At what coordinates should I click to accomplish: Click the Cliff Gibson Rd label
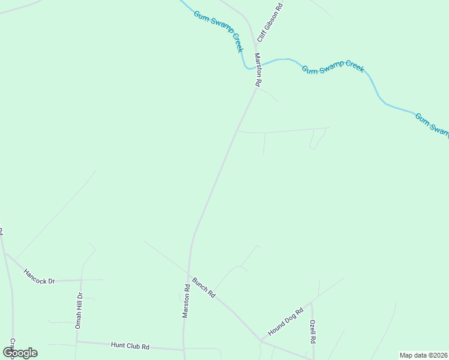270,22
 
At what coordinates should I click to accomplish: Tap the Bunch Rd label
204,287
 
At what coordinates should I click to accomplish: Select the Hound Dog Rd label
286,320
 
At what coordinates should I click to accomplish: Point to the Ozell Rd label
313,331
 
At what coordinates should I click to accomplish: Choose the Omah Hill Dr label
78,311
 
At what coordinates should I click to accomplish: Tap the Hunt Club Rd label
130,346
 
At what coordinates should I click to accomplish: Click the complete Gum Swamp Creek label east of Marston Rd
333,68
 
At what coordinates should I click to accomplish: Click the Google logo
20,352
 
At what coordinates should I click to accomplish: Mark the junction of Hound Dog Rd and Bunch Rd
260,340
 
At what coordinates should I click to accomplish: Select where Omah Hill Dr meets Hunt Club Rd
77,342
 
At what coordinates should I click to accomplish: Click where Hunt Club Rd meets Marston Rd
184,349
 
